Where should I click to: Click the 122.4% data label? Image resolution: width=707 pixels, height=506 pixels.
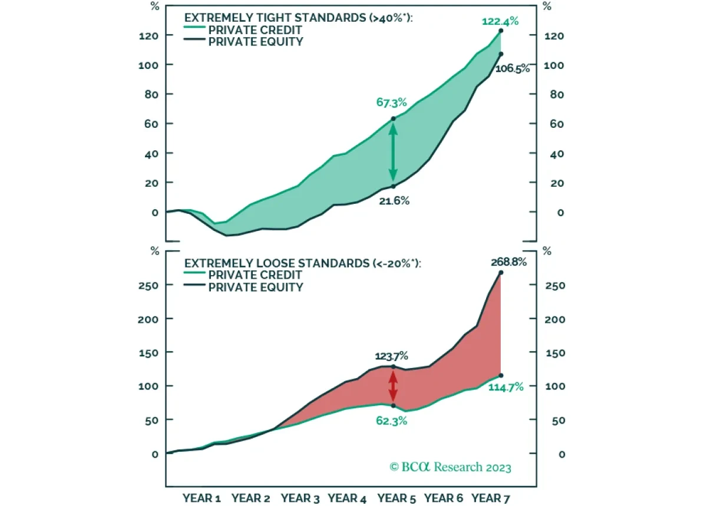(500, 21)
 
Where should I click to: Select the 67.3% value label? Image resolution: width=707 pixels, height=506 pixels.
(392, 102)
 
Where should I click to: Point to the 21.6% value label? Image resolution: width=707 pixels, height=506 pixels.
(394, 200)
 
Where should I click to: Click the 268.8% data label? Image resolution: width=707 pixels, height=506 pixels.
(507, 262)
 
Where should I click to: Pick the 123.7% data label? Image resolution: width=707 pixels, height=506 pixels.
(391, 356)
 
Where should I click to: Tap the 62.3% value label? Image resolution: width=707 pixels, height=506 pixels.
(391, 421)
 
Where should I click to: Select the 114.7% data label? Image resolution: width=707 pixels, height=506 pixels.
(506, 387)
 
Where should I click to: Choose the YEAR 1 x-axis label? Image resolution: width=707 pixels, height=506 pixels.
(201, 498)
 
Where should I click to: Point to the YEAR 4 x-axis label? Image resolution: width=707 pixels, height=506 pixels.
(346, 498)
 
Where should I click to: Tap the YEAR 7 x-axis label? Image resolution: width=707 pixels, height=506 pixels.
(491, 498)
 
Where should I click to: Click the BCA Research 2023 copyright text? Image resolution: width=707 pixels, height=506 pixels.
(451, 467)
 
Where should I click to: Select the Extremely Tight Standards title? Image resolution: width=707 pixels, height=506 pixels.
(299, 18)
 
